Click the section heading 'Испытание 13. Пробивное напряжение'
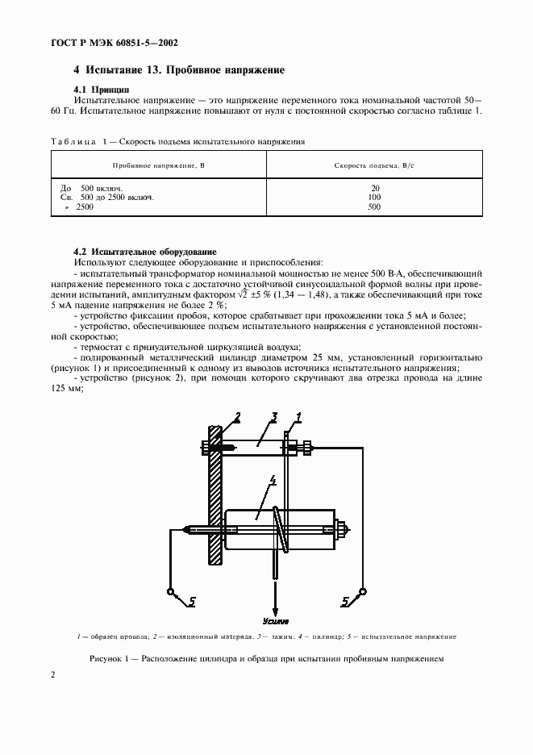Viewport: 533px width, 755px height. tap(178, 70)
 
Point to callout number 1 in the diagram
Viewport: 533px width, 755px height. tap(298, 417)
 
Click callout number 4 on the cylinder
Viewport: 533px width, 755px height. tap(273, 481)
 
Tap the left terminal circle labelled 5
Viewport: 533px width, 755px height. tap(171, 592)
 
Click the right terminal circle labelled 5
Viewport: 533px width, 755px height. tap(362, 592)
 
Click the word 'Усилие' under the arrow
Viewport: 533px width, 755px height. tap(276, 622)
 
